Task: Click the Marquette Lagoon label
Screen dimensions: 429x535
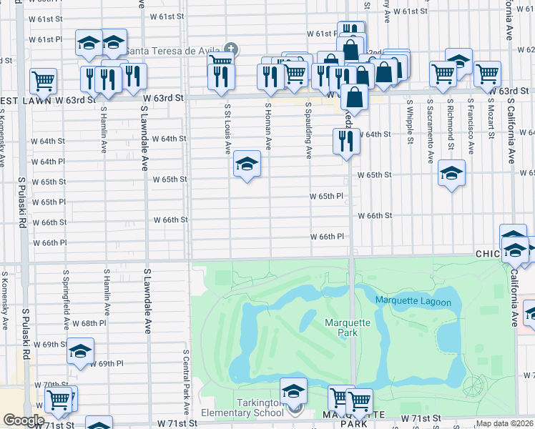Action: tap(413, 302)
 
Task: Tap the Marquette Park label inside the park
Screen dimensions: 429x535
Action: tap(348, 328)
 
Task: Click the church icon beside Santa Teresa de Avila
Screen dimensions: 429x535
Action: tap(232, 49)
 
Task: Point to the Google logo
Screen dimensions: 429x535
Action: tap(24, 420)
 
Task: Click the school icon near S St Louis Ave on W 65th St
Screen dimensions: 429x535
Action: tap(247, 164)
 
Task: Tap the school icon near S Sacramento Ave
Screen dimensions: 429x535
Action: tap(451, 173)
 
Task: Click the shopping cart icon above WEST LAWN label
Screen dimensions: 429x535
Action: tap(43, 81)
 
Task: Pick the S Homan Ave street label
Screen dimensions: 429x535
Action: tap(268, 126)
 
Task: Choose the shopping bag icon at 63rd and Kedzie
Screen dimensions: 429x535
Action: tap(354, 97)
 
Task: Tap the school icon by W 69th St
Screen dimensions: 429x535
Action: tap(80, 351)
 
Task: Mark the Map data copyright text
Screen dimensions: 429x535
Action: tap(505, 423)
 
